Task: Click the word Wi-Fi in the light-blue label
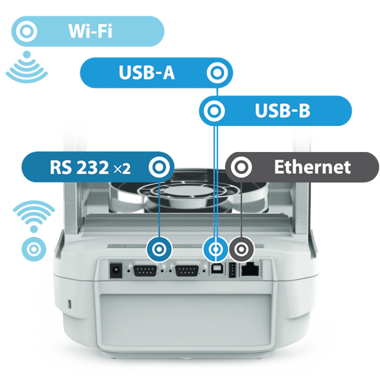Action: (x=91, y=31)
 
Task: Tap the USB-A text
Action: (x=147, y=72)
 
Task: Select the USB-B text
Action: (x=283, y=111)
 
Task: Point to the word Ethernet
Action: (x=312, y=167)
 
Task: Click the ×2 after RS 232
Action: (x=122, y=169)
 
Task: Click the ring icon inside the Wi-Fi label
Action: (x=27, y=31)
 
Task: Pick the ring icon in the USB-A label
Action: (x=217, y=73)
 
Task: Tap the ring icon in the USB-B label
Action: (x=214, y=111)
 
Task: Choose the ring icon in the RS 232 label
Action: (x=159, y=167)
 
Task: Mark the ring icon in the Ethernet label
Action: (x=241, y=167)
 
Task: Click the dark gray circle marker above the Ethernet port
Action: (x=242, y=249)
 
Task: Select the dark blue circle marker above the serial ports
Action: (x=159, y=249)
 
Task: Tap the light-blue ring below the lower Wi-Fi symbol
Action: (x=34, y=249)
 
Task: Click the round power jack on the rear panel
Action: (x=116, y=270)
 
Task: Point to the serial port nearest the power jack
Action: (x=145, y=270)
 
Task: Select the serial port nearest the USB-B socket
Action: (x=187, y=270)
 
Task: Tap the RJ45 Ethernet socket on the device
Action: (x=251, y=269)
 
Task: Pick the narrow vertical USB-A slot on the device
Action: (x=232, y=270)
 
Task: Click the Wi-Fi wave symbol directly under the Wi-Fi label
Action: (x=27, y=67)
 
